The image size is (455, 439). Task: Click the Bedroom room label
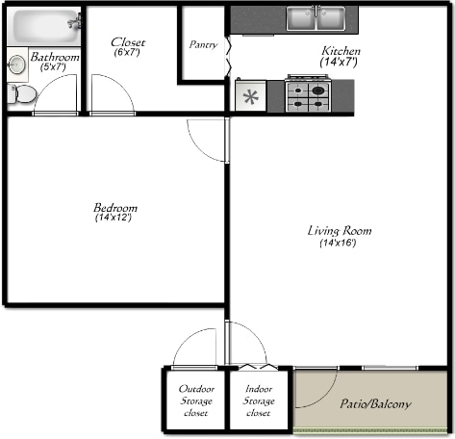click(114, 208)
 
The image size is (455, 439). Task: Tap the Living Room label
click(339, 231)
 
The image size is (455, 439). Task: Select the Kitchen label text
click(340, 50)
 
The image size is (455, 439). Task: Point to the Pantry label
click(204, 44)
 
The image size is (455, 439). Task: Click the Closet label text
click(128, 41)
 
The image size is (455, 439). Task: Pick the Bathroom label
click(54, 57)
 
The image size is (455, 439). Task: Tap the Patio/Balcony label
click(375, 404)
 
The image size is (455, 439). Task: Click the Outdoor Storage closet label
click(195, 401)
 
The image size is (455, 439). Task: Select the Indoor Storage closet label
click(259, 401)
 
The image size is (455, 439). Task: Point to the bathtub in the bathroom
click(41, 25)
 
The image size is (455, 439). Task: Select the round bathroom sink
click(16, 65)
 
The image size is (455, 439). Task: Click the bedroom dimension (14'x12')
click(114, 219)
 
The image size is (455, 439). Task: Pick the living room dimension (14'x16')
click(339, 243)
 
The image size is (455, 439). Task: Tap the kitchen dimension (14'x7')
click(339, 62)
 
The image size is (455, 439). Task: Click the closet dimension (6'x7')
click(127, 52)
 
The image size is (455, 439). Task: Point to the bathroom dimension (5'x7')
click(54, 67)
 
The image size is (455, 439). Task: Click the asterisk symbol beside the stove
click(252, 96)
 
